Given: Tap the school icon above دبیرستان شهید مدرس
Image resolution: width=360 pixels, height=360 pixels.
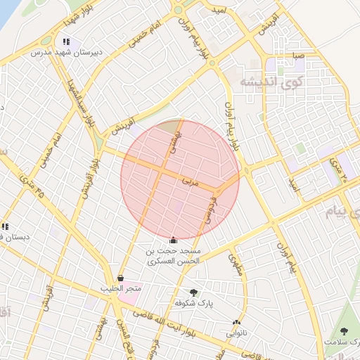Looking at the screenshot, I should tap(66, 42).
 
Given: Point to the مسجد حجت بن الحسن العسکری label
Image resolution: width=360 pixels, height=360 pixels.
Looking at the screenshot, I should tap(174, 255).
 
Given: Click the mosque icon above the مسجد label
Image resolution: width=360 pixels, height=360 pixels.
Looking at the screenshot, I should tap(174, 240).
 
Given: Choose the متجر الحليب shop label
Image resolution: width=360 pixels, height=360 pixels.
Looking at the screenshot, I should tap(121, 288).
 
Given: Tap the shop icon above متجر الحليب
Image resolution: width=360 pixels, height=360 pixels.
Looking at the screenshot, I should tap(121, 278).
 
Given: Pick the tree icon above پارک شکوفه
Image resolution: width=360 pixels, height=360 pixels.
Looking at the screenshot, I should tap(193, 292).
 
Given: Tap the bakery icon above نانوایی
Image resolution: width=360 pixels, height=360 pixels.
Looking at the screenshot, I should tap(236, 324).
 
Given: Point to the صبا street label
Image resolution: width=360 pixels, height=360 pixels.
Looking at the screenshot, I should tap(298, 54).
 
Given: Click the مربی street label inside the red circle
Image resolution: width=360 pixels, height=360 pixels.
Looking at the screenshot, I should tap(191, 181).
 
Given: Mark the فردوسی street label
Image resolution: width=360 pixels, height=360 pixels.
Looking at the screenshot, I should tap(210, 210).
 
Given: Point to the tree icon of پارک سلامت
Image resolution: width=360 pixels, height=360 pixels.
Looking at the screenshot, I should tap(344, 331).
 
